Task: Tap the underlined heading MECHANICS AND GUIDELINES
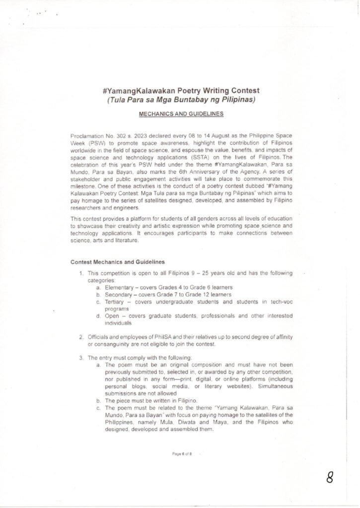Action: pyautogui.click(x=181, y=113)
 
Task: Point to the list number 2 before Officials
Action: pyautogui.click(x=81, y=337)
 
